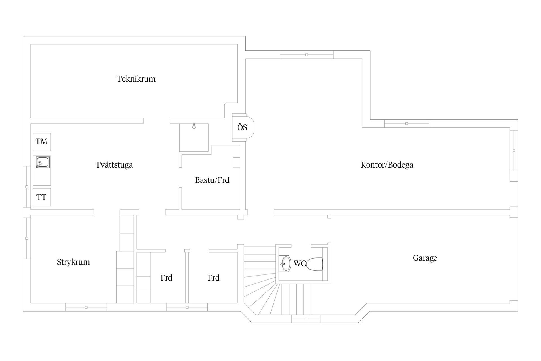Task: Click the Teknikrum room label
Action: pyautogui.click(x=136, y=79)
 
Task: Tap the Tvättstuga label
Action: pyautogui.click(x=114, y=165)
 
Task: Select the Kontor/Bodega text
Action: pyautogui.click(x=387, y=165)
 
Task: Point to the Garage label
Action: pyautogui.click(x=425, y=258)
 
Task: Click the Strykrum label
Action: pyautogui.click(x=74, y=262)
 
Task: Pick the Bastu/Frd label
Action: pyautogui.click(x=212, y=180)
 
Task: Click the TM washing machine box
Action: pyautogui.click(x=42, y=142)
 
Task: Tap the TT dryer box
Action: pyautogui.click(x=42, y=197)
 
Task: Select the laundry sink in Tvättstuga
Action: pyautogui.click(x=43, y=162)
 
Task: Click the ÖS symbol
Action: pyautogui.click(x=243, y=127)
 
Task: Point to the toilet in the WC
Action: pyautogui.click(x=314, y=264)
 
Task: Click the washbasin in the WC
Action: pyautogui.click(x=285, y=264)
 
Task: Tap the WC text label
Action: pyautogui.click(x=300, y=263)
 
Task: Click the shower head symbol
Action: pyautogui.click(x=194, y=126)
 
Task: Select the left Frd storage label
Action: pyautogui.click(x=167, y=278)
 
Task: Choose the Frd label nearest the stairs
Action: pyautogui.click(x=214, y=278)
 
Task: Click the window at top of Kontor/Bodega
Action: pyautogui.click(x=307, y=55)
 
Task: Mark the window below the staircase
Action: pyautogui.click(x=306, y=319)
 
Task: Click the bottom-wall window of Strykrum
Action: pyautogui.click(x=86, y=307)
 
